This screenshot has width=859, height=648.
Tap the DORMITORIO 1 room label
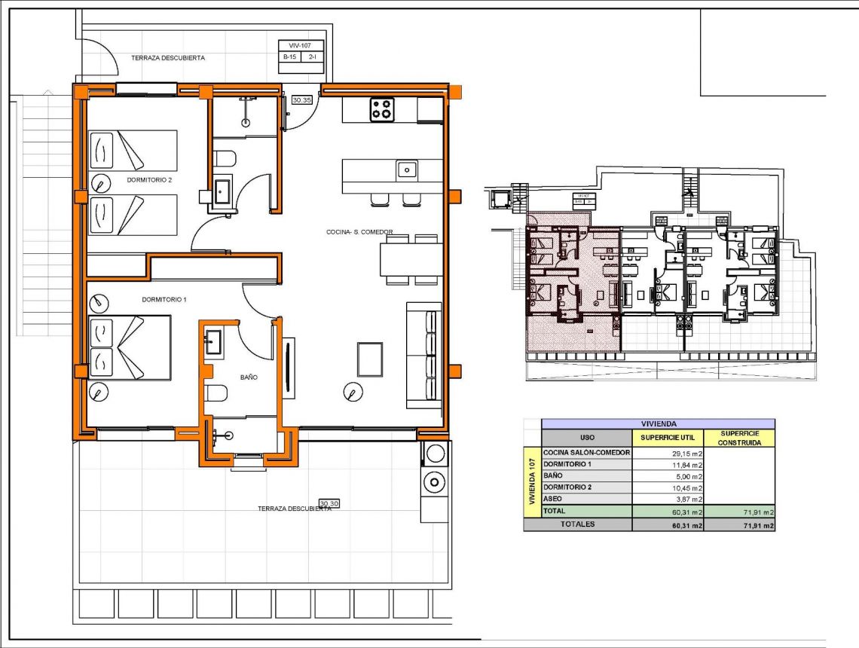tap(164, 299)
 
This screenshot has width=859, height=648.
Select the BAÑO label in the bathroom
tap(249, 377)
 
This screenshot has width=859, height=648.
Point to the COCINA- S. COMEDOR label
tap(359, 232)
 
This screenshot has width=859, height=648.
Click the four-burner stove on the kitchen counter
tap(381, 109)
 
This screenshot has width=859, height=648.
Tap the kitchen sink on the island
tap(407, 170)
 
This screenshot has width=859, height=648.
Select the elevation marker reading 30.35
tap(301, 99)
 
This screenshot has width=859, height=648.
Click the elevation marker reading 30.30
tap(329, 503)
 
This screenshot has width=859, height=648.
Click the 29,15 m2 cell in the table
tap(668, 453)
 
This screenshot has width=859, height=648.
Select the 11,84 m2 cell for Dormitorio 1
tap(668, 465)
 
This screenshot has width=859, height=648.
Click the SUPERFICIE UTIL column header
tap(667, 438)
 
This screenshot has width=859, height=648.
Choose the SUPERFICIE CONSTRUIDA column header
tap(738, 438)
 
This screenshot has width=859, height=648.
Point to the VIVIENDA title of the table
tap(658, 424)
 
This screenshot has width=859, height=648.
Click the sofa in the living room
tap(423, 356)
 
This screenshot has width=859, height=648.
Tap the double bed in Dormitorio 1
tap(129, 347)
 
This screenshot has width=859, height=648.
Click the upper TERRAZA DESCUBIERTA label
tap(168, 57)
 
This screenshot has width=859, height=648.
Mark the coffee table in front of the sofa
tap(370, 359)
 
